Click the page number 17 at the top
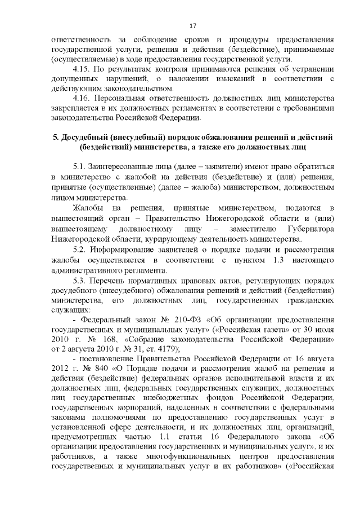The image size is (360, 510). tap(192, 26)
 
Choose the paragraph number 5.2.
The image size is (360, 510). tap(80, 249)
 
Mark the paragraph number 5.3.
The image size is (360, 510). tap(80, 280)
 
